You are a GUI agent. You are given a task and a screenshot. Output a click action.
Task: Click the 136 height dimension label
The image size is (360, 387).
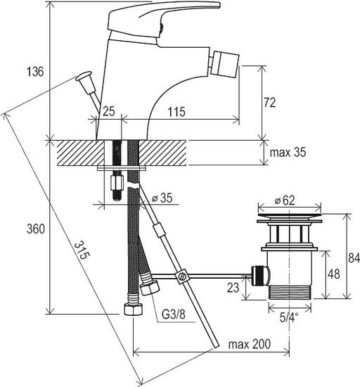pos(34,72)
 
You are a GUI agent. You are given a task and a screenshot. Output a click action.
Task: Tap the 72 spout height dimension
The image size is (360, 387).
pos(269,103)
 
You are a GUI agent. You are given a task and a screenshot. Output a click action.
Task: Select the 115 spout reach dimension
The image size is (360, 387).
pos(176,112)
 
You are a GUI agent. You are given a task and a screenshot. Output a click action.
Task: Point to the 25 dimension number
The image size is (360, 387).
pos(109,111)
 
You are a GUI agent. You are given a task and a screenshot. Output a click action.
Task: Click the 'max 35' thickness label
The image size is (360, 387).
pos(288,152)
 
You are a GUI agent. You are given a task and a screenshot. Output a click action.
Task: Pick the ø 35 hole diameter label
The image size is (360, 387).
pos(162,198)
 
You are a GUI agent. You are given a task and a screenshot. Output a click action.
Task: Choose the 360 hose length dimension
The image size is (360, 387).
pos(36,229)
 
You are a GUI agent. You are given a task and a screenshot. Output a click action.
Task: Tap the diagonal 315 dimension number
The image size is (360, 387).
pos(81,250)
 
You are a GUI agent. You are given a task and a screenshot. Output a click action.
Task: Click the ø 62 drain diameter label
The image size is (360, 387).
pos(285,201)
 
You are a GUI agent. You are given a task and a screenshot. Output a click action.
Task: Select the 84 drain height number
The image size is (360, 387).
pos(354,258)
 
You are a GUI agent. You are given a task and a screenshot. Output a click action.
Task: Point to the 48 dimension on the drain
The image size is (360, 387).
pos(334,274)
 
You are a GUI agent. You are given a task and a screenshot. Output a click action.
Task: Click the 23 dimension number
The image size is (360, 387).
pos(233,288)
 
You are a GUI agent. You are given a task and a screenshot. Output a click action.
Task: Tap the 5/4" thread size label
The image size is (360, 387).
pos(289,317)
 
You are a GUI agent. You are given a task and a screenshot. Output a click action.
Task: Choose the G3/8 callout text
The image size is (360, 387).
pos(174,315)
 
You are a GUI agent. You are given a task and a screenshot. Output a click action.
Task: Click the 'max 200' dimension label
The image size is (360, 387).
pos(250,344)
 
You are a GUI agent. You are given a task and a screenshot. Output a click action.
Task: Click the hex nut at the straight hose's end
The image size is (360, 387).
pos(134,310)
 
